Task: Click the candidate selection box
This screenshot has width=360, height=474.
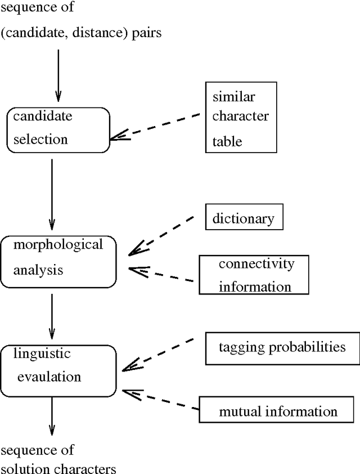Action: tap(58, 129)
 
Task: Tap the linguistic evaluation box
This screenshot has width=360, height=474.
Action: tap(58, 370)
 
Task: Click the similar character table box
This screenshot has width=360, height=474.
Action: tap(241, 117)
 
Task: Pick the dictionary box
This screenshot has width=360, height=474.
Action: tap(244, 218)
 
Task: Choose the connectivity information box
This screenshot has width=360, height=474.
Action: tap(254, 275)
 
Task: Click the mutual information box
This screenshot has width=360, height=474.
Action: tap(278, 411)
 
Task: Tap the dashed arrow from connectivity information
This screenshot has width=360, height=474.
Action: tap(163, 274)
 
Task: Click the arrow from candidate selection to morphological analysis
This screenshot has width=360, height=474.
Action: tap(52, 191)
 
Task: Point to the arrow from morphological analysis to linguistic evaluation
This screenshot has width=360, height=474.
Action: tap(52, 315)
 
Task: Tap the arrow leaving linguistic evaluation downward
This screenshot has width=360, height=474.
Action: tap(52, 417)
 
